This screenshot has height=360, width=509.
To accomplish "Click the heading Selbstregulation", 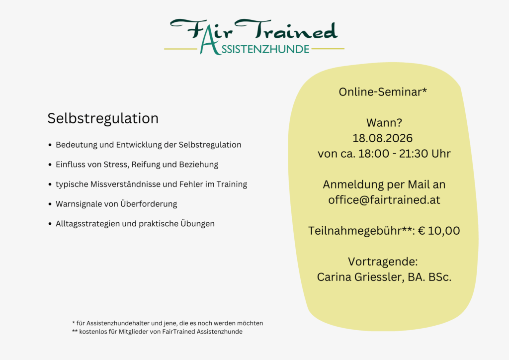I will click(103, 118).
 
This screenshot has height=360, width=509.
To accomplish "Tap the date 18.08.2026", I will click(383, 138).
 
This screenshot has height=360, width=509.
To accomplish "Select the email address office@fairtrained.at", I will click(384, 200).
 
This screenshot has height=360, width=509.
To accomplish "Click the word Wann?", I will click(383, 123).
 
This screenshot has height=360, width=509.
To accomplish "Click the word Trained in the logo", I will click(293, 31).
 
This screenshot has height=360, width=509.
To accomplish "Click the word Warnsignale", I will click(80, 204).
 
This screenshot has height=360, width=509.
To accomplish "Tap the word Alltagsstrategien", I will click(88, 224).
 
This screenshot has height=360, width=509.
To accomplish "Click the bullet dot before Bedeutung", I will click(50, 145).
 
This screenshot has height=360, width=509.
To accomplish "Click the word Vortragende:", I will click(383, 262).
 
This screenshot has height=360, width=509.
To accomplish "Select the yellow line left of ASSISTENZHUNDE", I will click(180, 49).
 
